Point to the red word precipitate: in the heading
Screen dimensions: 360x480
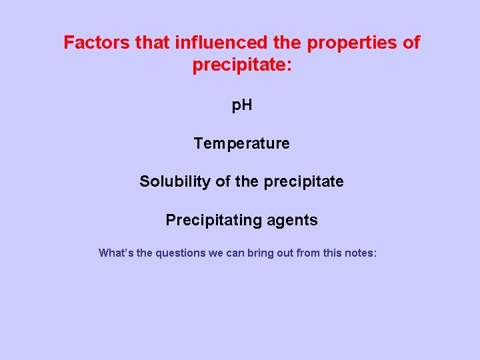[242, 65]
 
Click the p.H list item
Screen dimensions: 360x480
[241, 105]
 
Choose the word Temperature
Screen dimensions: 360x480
[241, 143]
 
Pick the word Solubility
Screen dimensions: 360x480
[175, 181]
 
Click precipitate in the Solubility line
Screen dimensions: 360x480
[303, 181]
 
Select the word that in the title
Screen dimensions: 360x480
[153, 43]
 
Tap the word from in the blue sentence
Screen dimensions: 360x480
[310, 253]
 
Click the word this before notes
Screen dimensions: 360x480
[334, 253]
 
